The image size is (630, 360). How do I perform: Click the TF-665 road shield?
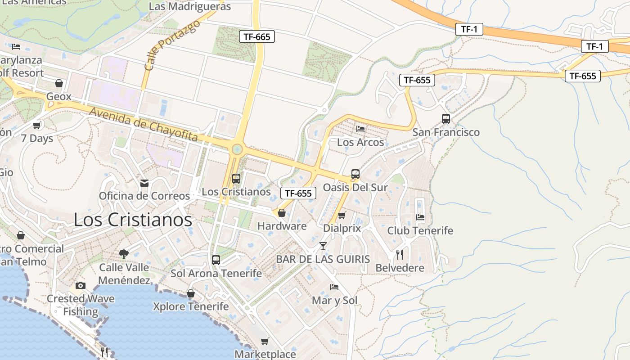(256, 36)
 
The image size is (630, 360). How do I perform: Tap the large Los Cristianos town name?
(133, 220)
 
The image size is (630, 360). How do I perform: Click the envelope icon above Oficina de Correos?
(144, 183)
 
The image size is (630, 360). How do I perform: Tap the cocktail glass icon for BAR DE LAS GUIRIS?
(323, 246)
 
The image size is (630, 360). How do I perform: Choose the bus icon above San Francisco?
(445, 119)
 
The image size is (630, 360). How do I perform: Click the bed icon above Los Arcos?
(360, 129)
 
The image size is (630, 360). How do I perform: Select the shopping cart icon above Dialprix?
(342, 215)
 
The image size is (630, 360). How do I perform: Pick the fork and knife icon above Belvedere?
(400, 255)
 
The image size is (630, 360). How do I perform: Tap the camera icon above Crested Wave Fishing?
(81, 285)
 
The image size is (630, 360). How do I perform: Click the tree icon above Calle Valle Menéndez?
(123, 254)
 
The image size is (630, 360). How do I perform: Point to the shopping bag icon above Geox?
(58, 83)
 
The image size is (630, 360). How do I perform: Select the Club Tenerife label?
(420, 231)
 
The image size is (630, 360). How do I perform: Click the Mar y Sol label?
(334, 300)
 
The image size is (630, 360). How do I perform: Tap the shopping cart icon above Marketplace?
(265, 341)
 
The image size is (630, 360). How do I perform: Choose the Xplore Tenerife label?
(191, 306)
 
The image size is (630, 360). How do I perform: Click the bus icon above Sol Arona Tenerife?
(216, 260)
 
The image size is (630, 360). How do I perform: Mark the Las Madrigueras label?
(189, 7)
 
